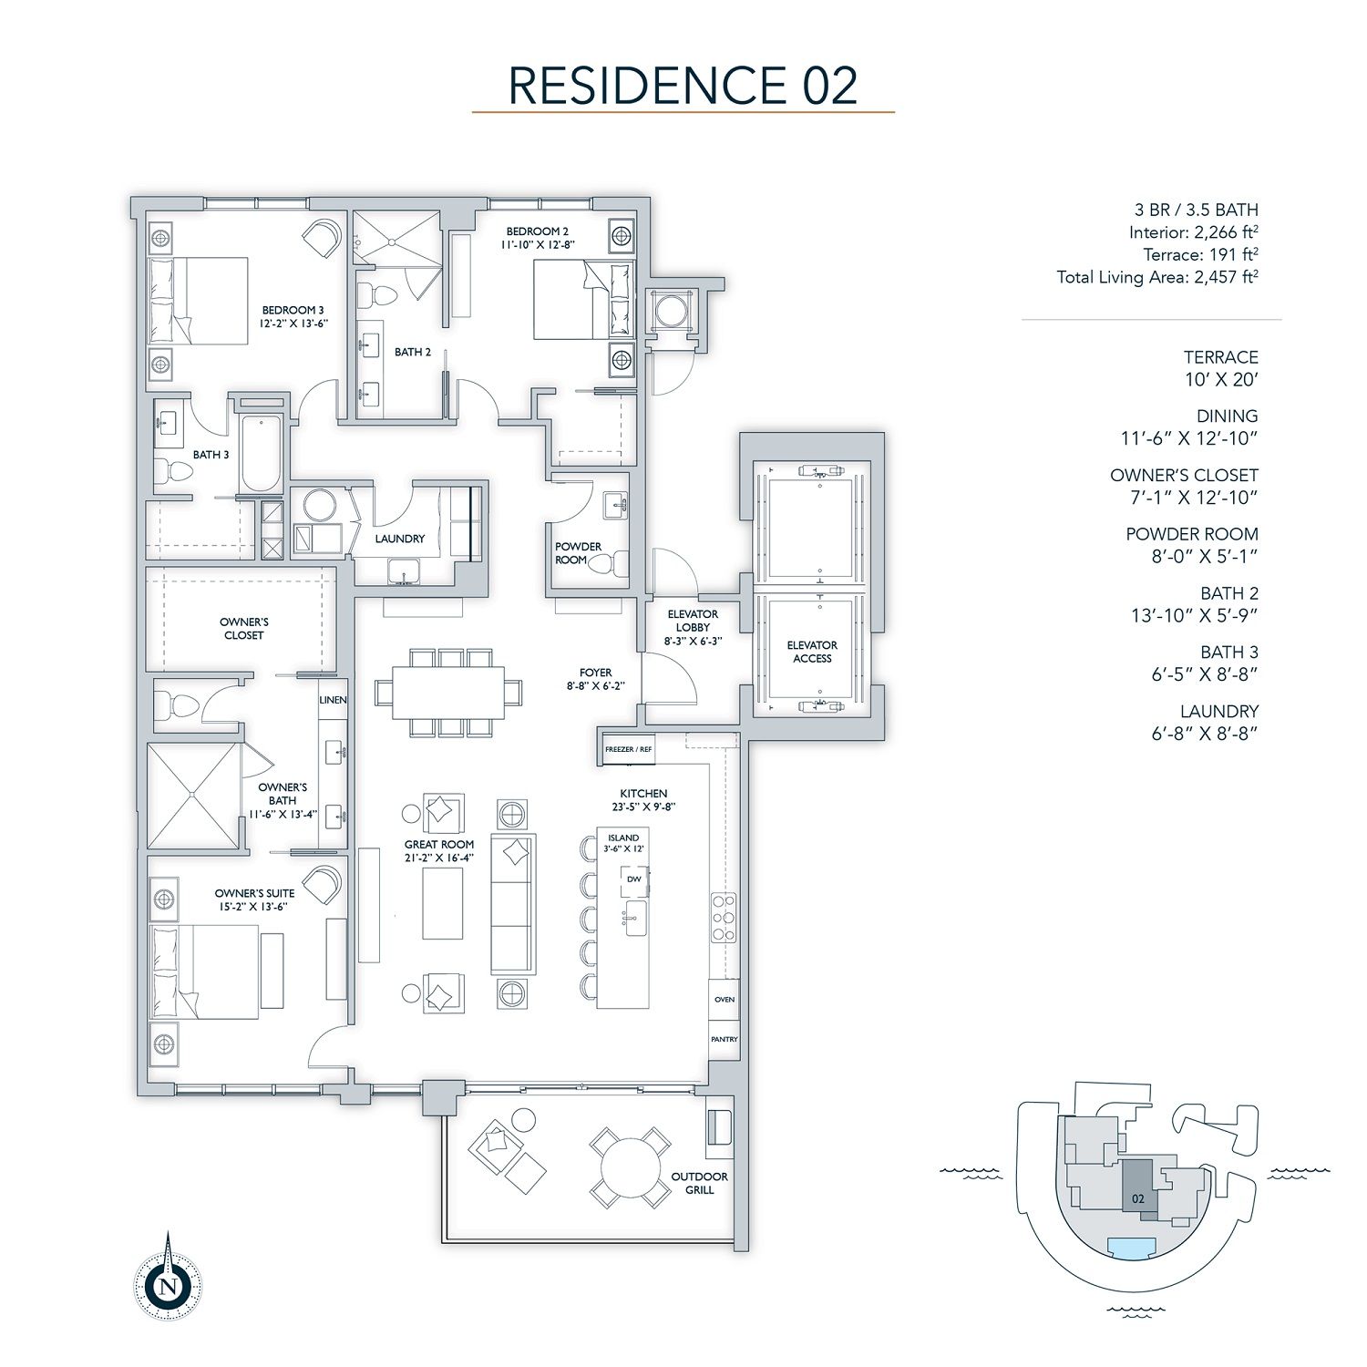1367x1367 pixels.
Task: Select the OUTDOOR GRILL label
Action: tap(700, 1183)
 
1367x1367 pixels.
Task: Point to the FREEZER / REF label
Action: tap(629, 749)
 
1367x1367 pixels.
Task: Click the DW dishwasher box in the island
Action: tap(634, 879)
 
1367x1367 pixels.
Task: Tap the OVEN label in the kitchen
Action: tap(725, 999)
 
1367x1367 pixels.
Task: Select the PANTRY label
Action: tap(725, 1039)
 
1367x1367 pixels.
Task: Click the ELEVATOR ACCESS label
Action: tap(812, 652)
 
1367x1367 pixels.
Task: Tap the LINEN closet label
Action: tap(333, 700)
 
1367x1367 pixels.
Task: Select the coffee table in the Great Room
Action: tap(442, 903)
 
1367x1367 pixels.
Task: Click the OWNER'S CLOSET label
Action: tap(243, 629)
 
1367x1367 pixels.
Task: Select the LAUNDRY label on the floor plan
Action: tap(400, 539)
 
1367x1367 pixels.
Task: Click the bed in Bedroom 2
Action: tap(582, 300)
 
